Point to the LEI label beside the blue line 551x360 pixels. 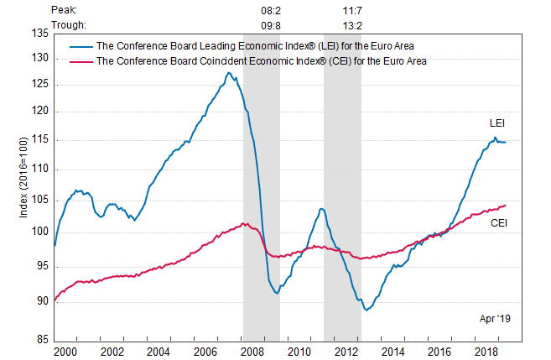pyautogui.click(x=496, y=123)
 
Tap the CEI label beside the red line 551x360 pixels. pyautogui.click(x=498, y=222)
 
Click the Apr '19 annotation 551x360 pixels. pyautogui.click(x=495, y=319)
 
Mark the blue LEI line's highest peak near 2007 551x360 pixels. pyautogui.click(x=228, y=73)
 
